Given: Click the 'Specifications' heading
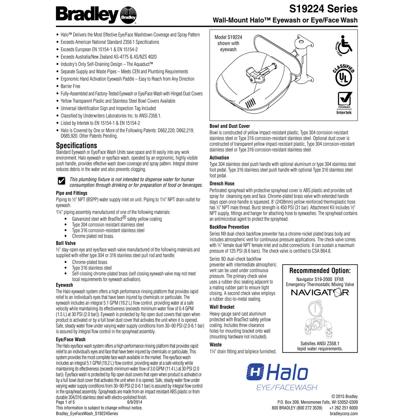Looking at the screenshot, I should point(76,146).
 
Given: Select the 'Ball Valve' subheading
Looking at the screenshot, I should point(66,243).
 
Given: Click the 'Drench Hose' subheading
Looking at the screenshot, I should point(222,183).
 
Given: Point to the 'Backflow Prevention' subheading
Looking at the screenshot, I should point(229,227).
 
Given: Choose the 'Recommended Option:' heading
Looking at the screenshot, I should point(320,271).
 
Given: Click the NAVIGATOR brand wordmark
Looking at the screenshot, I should point(320,292).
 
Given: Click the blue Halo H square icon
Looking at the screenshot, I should point(255,373).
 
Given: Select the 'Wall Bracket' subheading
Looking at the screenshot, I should point(222,307).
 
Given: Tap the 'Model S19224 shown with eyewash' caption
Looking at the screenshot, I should point(228,43).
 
